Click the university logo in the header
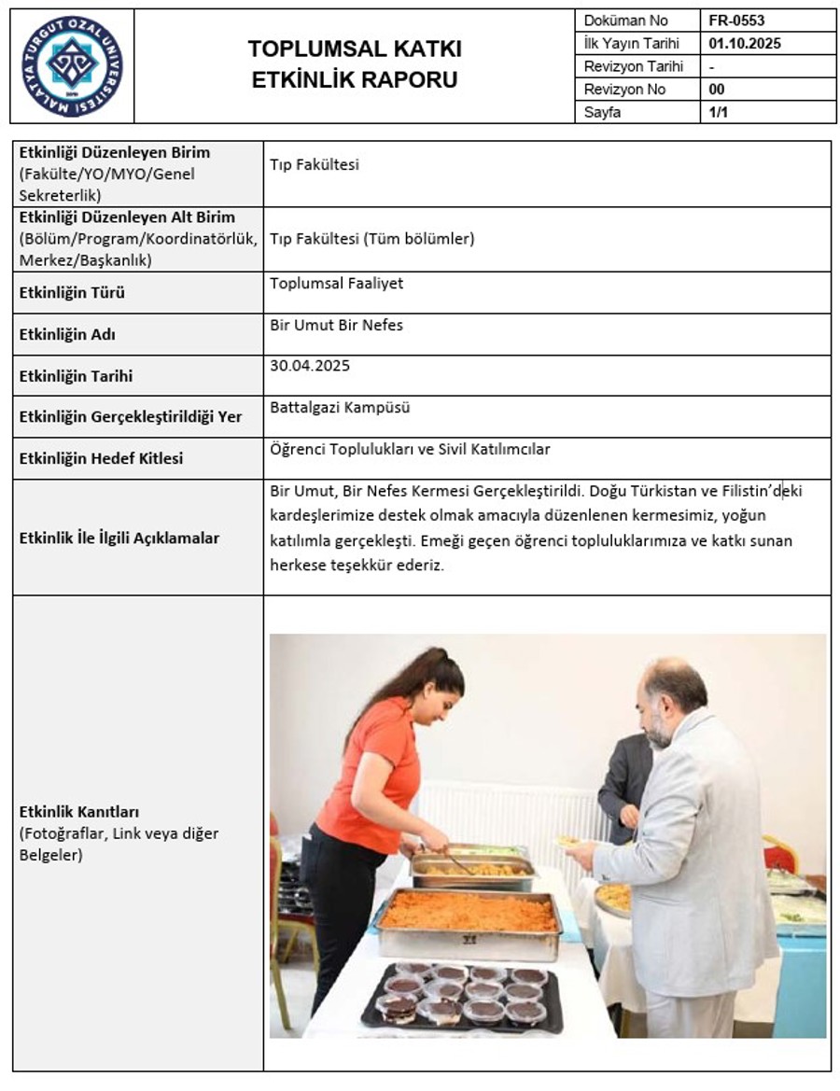tap(72, 66)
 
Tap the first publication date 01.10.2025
tap(744, 43)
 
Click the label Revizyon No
tap(624, 90)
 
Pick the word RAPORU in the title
tap(410, 80)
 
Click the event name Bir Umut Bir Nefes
tap(336, 326)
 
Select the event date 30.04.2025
tap(309, 366)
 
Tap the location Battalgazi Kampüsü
tap(340, 407)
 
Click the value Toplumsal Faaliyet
tap(336, 283)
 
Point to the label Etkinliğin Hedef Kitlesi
tap(101, 458)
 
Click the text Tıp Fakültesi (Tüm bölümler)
tap(371, 239)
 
